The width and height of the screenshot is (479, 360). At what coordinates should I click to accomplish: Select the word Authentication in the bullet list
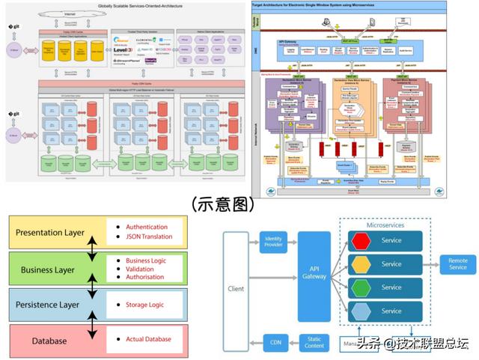146,227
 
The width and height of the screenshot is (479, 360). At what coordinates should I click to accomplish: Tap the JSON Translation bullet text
149,237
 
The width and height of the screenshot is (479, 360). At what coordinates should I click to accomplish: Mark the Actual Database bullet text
148,339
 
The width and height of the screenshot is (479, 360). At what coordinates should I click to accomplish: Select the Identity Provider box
272,241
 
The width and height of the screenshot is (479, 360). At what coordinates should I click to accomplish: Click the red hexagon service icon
361,241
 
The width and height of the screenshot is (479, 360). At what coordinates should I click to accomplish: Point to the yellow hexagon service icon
361,264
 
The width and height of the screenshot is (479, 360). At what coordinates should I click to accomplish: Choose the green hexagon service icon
361,287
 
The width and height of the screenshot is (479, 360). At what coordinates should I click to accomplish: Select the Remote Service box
457,263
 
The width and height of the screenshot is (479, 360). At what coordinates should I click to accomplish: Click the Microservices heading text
385,225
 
